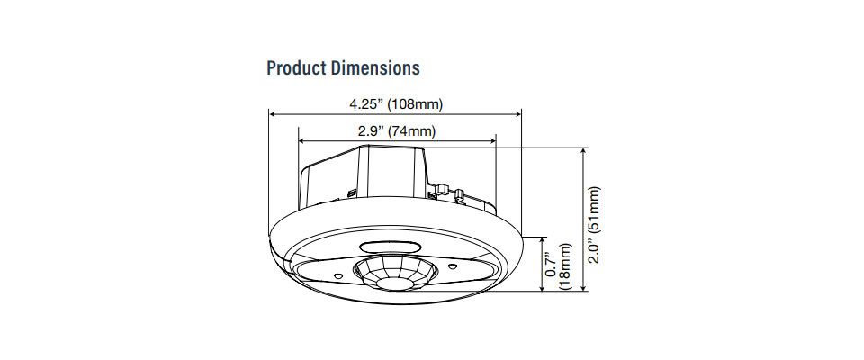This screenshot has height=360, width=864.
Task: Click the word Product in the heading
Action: click(296, 68)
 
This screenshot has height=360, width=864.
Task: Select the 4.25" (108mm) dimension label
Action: click(396, 104)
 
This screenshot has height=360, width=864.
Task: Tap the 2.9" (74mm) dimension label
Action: click(396, 131)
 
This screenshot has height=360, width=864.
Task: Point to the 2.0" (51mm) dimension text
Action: click(594, 225)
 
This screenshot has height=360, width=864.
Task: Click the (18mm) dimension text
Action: click(565, 265)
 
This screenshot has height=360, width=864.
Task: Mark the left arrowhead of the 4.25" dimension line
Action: click(273, 114)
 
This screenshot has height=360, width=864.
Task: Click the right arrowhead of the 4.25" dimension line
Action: click(517, 114)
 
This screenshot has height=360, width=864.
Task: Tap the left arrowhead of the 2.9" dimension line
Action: click(302, 141)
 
